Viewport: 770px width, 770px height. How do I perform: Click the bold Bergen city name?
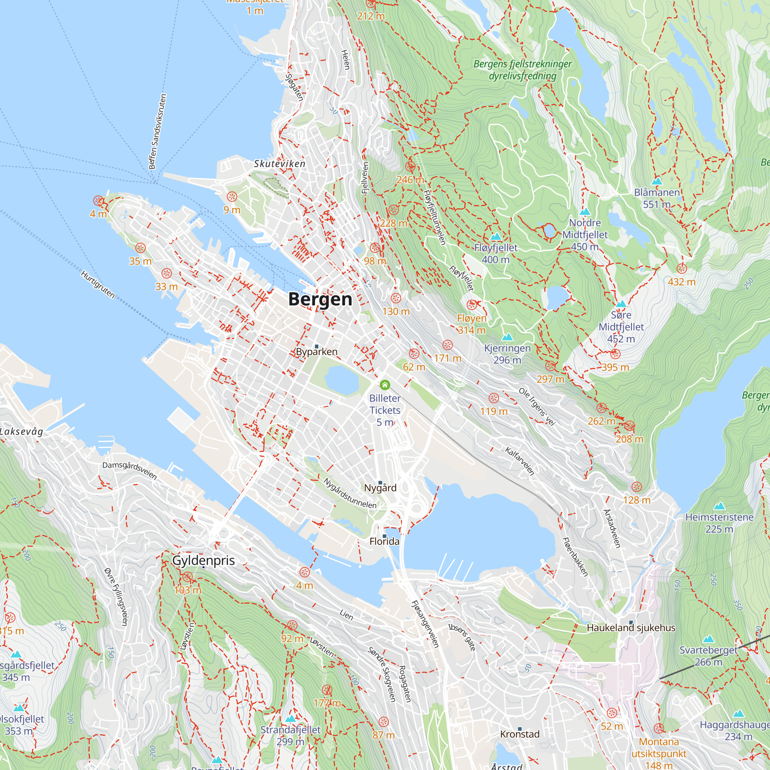click(x=320, y=299)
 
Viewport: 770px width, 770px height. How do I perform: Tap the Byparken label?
click(x=316, y=352)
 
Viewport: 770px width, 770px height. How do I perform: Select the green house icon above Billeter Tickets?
click(x=385, y=385)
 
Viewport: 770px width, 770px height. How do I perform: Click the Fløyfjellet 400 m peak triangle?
click(x=495, y=237)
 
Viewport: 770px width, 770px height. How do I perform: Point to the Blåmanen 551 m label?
click(x=657, y=198)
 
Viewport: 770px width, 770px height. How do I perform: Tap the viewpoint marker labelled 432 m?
click(x=681, y=268)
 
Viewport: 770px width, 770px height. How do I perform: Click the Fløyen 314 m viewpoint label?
click(x=472, y=324)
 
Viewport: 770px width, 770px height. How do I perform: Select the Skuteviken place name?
click(x=280, y=163)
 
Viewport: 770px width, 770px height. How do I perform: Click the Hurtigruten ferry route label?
click(x=98, y=285)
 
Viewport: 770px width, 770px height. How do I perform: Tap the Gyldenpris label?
click(x=203, y=560)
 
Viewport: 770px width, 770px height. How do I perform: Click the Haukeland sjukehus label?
click(x=631, y=628)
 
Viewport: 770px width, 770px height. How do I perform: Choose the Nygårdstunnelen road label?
click(x=350, y=493)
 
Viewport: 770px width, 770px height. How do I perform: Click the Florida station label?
click(x=384, y=541)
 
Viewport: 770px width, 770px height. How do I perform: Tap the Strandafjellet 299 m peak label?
click(x=290, y=735)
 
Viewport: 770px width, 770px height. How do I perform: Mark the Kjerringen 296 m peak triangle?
click(x=507, y=338)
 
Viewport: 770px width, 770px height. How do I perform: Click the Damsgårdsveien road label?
click(x=129, y=470)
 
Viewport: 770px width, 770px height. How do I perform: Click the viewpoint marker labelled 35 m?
click(x=140, y=248)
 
